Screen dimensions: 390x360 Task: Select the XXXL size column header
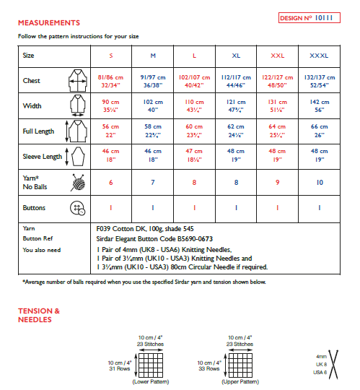[319, 56]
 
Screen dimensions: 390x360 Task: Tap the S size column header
[110, 56]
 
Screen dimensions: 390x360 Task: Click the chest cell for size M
[152, 81]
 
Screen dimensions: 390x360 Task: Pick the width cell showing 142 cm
[319, 106]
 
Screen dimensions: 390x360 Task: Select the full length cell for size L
[194, 131]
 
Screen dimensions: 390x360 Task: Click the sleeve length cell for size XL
[236, 156]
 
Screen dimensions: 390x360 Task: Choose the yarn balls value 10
[319, 183]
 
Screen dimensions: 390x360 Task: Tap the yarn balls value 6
[110, 183]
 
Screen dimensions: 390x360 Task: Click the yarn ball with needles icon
[74, 182]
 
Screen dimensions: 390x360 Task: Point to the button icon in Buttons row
[74, 208]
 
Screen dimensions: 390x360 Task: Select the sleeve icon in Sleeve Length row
[74, 157]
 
